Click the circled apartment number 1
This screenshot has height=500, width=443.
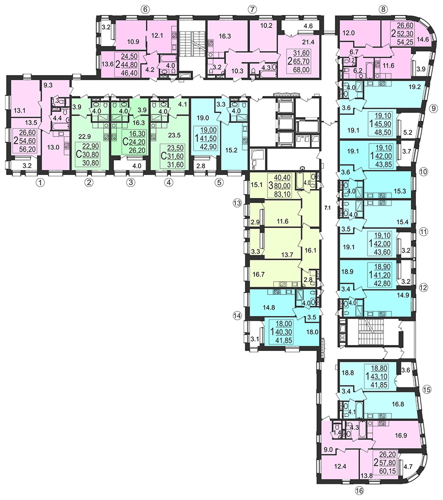(40, 182)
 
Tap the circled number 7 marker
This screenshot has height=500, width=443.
(251, 9)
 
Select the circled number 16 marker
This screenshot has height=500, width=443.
(359, 490)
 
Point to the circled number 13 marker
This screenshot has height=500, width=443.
(237, 203)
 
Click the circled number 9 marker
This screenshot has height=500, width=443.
(433, 108)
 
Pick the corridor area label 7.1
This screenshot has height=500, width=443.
(327, 207)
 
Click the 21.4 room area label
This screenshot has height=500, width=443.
(308, 42)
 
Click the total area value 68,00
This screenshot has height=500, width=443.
(301, 69)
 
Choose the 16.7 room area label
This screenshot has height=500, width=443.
(258, 274)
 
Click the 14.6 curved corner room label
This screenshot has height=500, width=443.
(423, 40)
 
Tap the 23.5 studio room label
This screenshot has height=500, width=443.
(174, 135)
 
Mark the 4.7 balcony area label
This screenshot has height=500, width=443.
(408, 466)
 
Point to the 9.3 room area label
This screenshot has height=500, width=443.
(48, 85)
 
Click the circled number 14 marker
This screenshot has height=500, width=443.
(237, 315)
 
